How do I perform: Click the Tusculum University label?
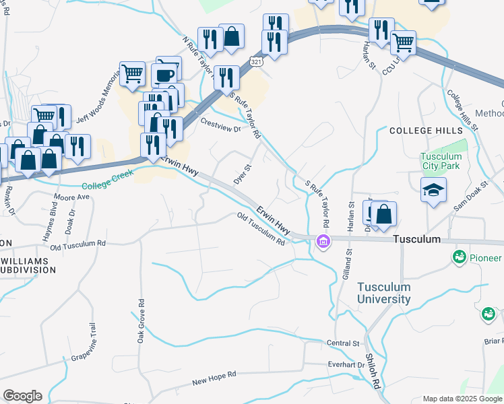[x=383, y=292]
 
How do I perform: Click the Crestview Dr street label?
[x=220, y=125]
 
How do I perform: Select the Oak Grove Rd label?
[x=141, y=322]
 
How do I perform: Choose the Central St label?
[x=343, y=343]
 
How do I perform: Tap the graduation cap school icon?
[x=433, y=189]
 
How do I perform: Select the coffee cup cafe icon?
[x=164, y=74]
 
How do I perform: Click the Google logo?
[x=22, y=396]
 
